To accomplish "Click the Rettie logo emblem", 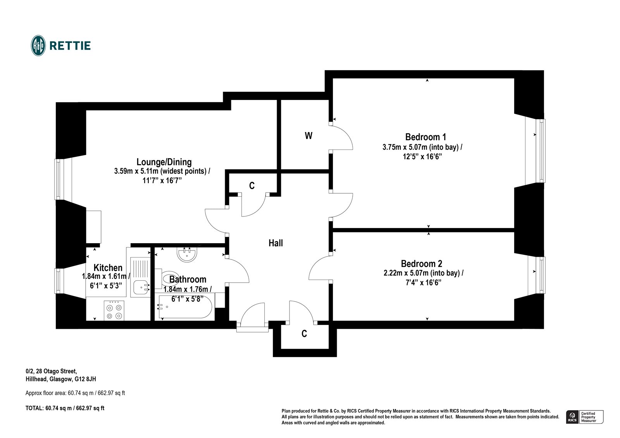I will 38,46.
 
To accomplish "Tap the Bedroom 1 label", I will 425,137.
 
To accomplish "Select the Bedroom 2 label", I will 421,264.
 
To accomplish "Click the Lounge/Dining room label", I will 164,162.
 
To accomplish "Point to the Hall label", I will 276,243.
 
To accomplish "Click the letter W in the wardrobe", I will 308,136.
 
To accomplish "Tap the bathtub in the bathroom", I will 185,306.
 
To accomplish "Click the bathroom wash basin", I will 187,254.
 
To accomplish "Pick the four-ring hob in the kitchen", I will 114,311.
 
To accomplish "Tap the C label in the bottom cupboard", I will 304,334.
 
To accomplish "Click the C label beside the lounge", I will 252,186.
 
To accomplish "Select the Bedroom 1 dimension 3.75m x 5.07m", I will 422,147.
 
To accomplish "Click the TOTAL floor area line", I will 65,408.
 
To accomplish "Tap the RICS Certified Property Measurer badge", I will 585,417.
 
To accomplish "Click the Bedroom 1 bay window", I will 541,151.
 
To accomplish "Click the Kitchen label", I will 108,268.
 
